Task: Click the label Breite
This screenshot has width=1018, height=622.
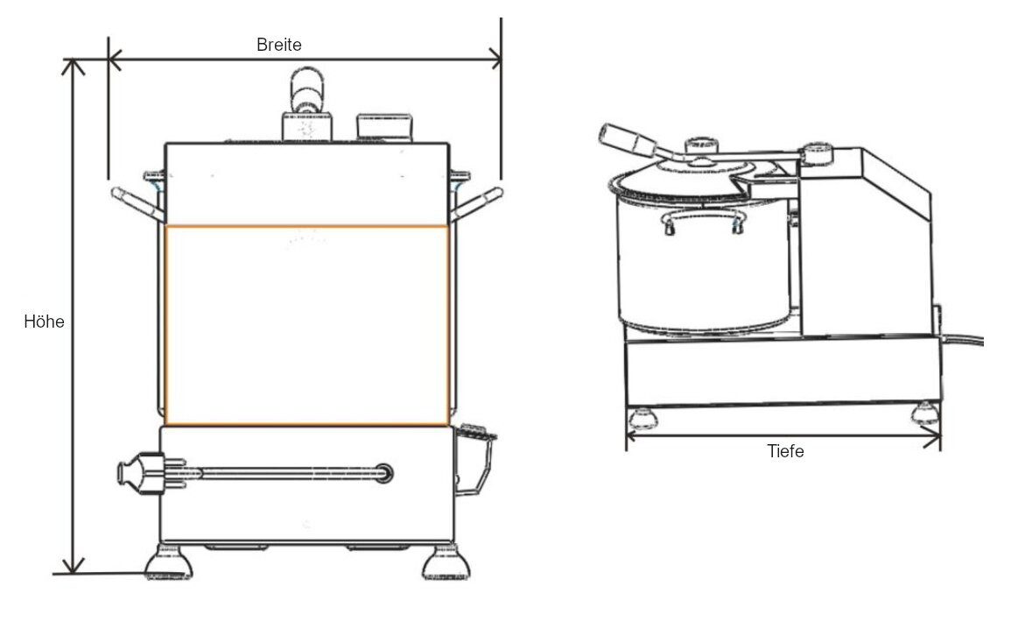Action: click(278, 45)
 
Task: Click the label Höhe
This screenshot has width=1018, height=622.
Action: click(44, 322)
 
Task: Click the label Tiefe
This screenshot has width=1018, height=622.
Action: click(784, 451)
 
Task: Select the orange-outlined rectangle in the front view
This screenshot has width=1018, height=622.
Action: click(306, 326)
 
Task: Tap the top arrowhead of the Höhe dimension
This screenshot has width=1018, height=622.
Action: click(75, 67)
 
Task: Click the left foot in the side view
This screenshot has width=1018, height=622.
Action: click(643, 415)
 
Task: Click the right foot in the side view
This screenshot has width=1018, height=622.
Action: click(924, 413)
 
